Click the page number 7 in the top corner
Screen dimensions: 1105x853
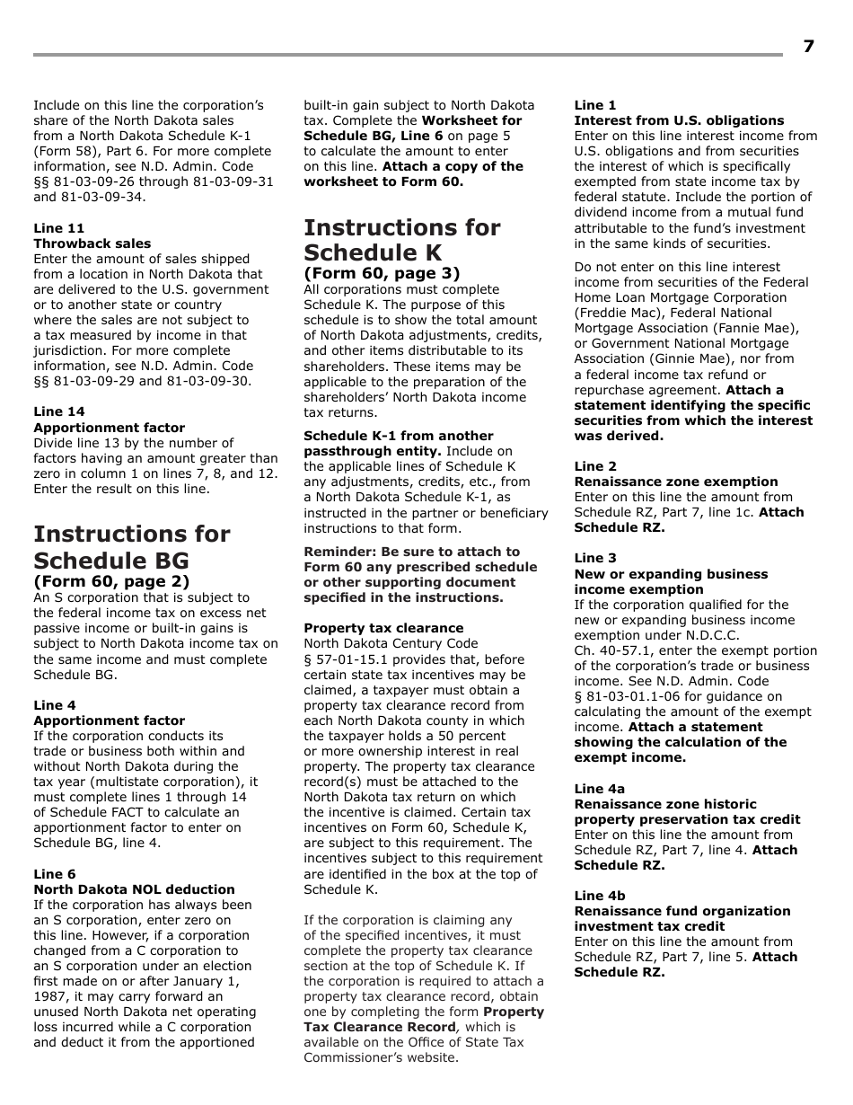[x=808, y=47]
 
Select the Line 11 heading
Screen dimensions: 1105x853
[x=59, y=228]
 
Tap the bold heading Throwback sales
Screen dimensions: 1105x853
[x=92, y=243]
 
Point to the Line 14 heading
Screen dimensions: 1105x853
[x=59, y=412]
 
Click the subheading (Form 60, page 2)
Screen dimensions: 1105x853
[x=111, y=581]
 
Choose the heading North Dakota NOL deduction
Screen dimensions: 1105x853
[x=134, y=889]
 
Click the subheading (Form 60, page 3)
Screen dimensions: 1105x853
[x=382, y=273]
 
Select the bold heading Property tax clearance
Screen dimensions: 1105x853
[x=383, y=628]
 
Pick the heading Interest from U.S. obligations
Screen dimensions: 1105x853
[x=679, y=120]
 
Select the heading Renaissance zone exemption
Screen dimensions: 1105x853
[x=676, y=482]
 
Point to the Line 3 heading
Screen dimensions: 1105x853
[x=595, y=558]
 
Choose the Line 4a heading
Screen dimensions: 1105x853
[x=600, y=789]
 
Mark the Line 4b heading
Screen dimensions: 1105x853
[x=600, y=896]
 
